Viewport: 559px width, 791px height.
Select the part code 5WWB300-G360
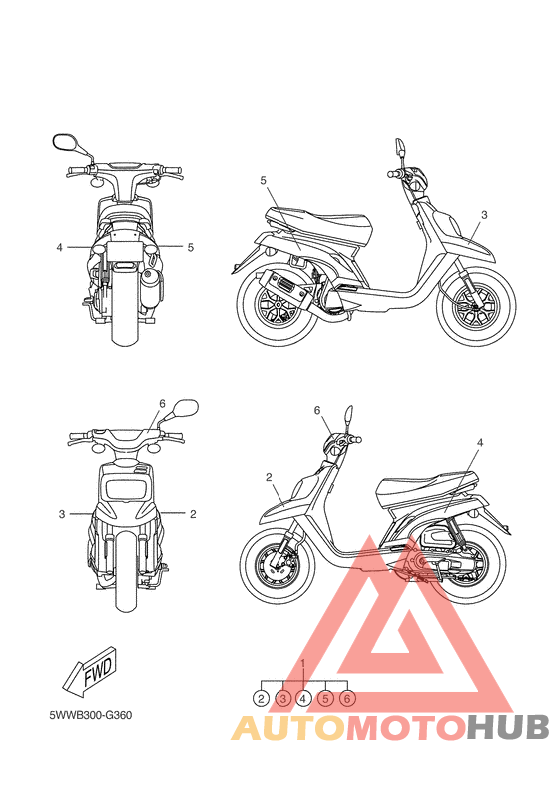coord(91,715)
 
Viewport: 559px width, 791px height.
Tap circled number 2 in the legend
coord(262,699)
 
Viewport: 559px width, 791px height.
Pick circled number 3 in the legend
coord(282,699)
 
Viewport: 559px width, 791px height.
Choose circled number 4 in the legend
coord(304,699)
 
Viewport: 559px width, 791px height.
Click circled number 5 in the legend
coord(325,699)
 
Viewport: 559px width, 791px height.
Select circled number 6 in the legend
coord(347,699)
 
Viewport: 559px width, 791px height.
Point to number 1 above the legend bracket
coord(303,664)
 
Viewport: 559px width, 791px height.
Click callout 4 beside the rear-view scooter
coord(60,246)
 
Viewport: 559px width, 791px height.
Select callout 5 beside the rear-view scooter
coord(190,246)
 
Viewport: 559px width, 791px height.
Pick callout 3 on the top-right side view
coord(484,215)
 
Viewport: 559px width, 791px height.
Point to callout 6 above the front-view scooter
coord(161,403)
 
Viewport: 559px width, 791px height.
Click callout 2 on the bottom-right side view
coord(270,478)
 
